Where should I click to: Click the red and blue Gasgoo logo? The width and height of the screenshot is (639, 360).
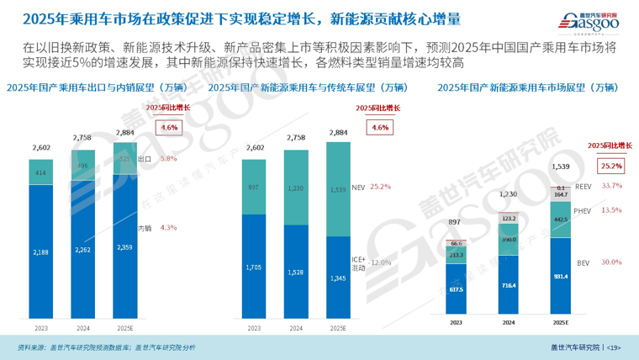(x=585, y=19)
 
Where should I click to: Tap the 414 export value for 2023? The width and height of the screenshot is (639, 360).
(x=40, y=172)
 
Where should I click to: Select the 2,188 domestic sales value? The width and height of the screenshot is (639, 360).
(x=40, y=251)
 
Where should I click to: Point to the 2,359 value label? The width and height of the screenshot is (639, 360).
(x=124, y=247)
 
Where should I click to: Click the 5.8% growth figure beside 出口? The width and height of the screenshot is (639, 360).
(x=167, y=158)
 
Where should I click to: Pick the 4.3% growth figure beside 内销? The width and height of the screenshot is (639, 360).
(x=167, y=227)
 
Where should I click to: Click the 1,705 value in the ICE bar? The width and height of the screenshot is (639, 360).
(x=253, y=267)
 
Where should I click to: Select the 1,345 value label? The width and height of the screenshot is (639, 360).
(x=337, y=278)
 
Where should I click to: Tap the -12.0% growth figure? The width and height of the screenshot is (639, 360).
(x=380, y=262)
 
